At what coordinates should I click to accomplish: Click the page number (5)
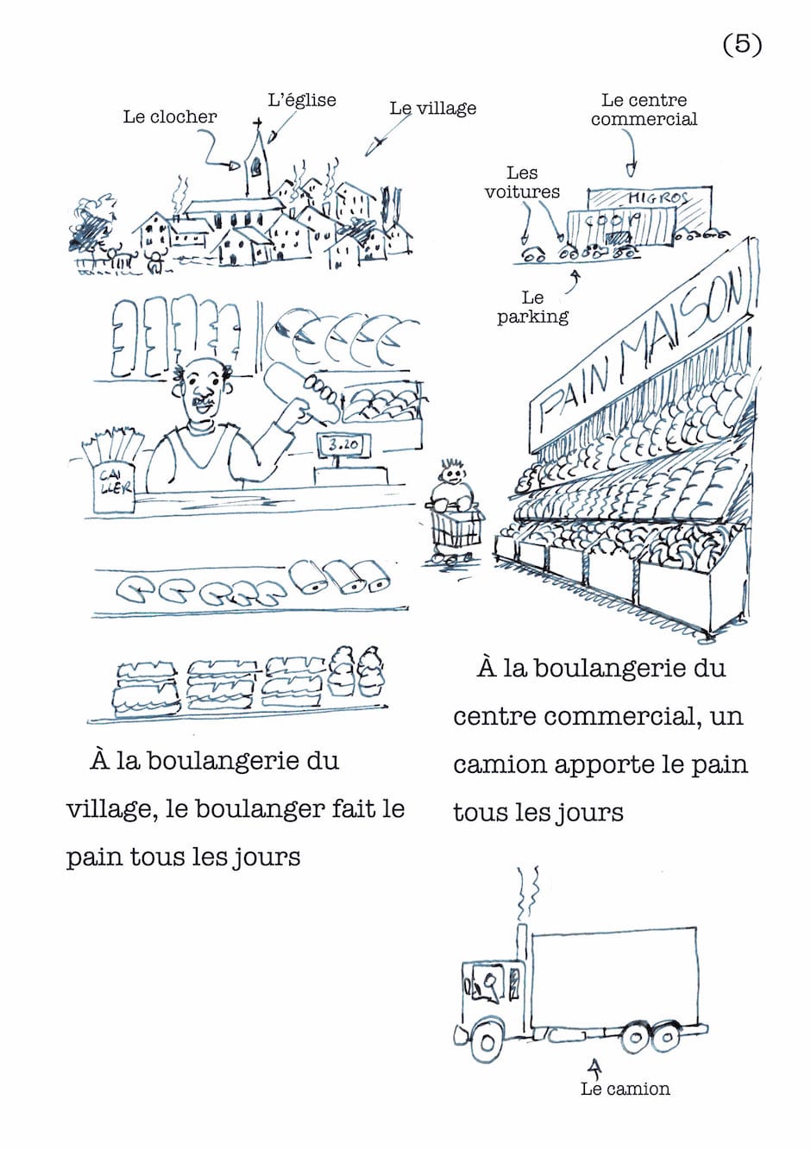click(742, 44)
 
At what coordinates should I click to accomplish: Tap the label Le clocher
click(170, 116)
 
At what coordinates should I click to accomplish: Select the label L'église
click(302, 100)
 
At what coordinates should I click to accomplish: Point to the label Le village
click(433, 109)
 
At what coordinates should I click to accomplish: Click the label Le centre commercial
click(644, 110)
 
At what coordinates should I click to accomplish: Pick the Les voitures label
click(522, 182)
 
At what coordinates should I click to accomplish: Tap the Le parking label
click(532, 307)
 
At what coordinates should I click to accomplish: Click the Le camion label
click(626, 1089)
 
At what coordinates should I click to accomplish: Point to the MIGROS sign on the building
click(658, 198)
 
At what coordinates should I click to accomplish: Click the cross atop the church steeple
click(257, 125)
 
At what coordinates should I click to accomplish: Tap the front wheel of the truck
click(487, 1042)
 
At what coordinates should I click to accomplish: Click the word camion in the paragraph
click(500, 765)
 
